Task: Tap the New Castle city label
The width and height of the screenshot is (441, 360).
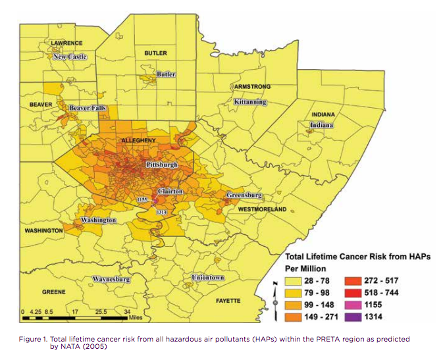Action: (x=69, y=57)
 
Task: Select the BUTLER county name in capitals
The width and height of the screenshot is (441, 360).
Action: (x=155, y=53)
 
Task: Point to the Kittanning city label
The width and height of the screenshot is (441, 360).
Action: (x=250, y=102)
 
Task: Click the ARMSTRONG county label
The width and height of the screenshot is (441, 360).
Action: (x=251, y=87)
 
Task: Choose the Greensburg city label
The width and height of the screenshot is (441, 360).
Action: (x=244, y=195)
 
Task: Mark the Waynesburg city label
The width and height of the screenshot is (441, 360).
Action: (x=111, y=279)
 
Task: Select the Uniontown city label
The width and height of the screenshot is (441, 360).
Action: (x=208, y=278)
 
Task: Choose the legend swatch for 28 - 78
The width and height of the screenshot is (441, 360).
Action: (x=296, y=280)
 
